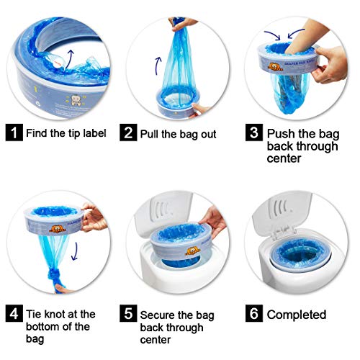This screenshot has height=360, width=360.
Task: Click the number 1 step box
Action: pos(14,133)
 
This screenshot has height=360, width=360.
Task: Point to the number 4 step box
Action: pos(14,314)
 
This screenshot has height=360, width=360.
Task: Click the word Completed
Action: pos(296,315)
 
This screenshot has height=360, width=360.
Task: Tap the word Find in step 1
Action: pos(37,133)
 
